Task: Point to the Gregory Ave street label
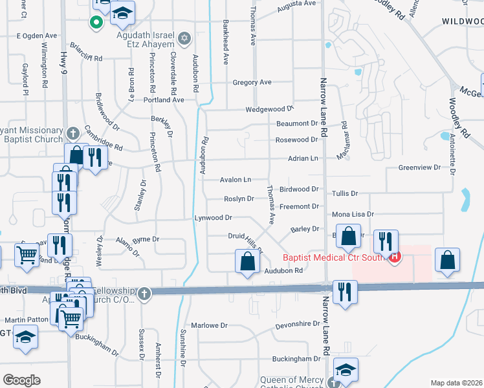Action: click(252, 83)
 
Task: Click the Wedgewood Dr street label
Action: click(269, 110)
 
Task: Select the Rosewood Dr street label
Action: click(296, 140)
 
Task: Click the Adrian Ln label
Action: click(303, 158)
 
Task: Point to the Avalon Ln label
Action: click(235, 180)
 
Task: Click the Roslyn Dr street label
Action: click(239, 199)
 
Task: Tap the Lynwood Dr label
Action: click(213, 219)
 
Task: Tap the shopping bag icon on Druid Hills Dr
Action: click(247, 263)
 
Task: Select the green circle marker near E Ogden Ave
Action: click(96, 23)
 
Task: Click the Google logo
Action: click(21, 380)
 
